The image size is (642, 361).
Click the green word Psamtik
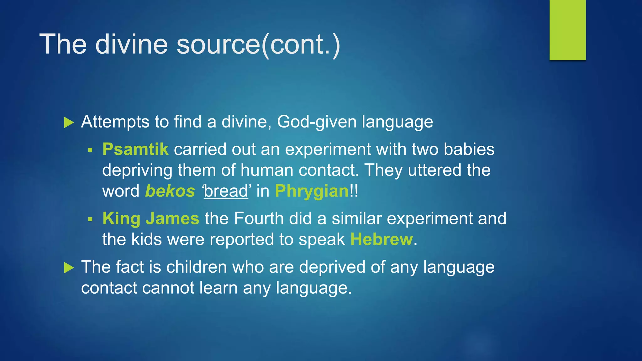(135, 149)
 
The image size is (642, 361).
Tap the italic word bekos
(170, 191)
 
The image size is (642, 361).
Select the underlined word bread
(226, 191)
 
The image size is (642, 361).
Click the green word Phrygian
(312, 191)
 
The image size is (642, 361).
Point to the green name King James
(151, 218)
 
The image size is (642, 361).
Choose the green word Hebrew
(382, 239)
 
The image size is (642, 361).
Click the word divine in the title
(131, 44)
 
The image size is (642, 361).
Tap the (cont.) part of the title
(301, 44)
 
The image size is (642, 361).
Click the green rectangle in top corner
(567, 30)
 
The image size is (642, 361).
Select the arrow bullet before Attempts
(69, 123)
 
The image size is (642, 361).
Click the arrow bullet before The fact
(69, 268)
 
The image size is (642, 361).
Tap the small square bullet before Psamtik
(90, 150)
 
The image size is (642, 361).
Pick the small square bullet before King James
(90, 219)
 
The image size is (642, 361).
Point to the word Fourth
(259, 218)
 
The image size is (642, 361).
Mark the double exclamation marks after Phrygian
(354, 191)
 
